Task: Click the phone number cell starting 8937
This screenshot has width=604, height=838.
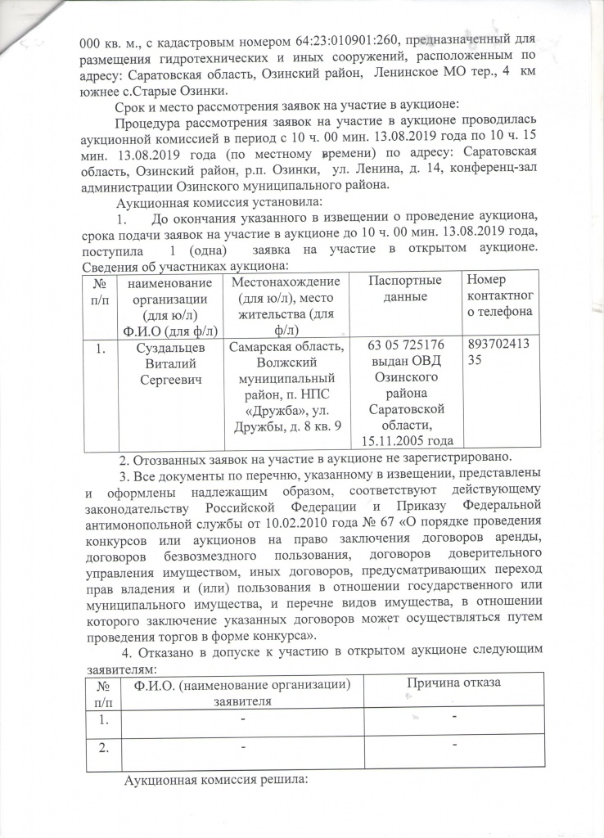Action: [x=499, y=354]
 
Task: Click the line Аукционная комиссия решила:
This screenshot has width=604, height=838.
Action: [x=214, y=779]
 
